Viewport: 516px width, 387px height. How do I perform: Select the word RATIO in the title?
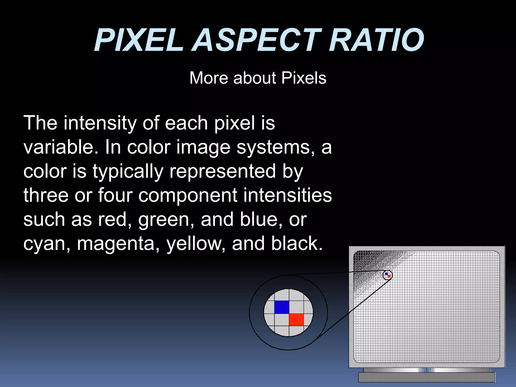tap(376, 40)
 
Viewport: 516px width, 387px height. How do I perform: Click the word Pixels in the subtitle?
tap(304, 78)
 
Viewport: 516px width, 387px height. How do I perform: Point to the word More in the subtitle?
tap(209, 78)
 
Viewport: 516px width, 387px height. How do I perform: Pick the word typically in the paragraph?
tap(128, 172)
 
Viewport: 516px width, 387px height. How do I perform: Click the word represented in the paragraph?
tap(222, 171)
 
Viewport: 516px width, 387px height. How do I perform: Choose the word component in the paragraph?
tap(188, 196)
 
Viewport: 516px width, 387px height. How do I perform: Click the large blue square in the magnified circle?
tap(281, 307)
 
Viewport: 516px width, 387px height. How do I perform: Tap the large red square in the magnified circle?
tap(296, 320)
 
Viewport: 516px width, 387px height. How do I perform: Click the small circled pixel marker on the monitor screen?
tap(388, 275)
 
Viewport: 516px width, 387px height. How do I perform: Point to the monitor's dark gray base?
tap(427, 377)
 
